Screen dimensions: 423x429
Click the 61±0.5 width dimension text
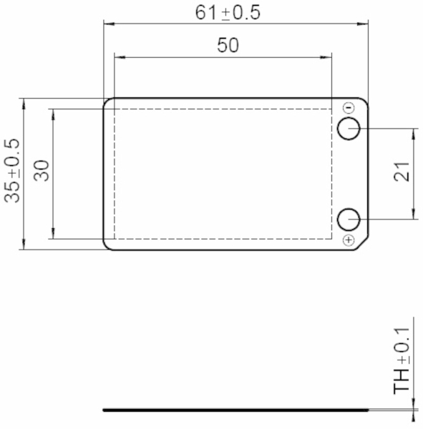tap(228, 13)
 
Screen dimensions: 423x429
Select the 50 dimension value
tap(228, 45)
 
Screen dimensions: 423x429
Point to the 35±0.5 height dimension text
tap(13, 171)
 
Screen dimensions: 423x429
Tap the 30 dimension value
tap(42, 170)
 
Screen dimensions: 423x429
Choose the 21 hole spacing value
tap(402, 172)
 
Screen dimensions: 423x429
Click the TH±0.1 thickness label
tap(402, 360)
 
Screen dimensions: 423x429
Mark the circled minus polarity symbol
tap(349, 107)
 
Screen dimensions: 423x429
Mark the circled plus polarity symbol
tap(349, 240)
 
